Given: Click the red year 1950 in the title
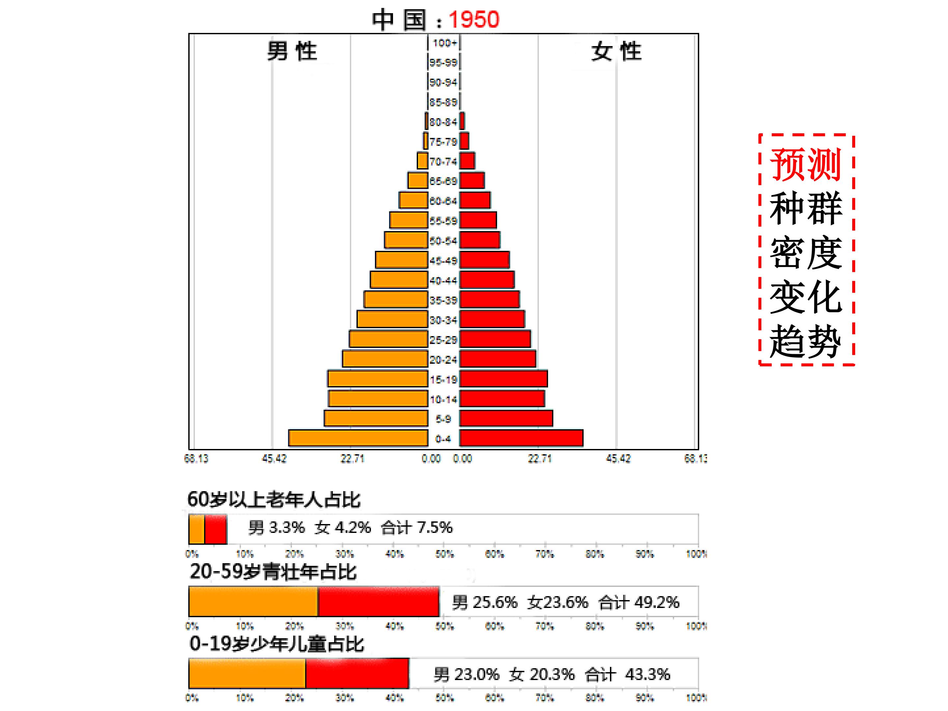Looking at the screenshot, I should tap(474, 20).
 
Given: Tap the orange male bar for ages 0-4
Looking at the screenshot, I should tap(358, 438).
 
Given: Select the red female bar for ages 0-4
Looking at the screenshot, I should tap(521, 438).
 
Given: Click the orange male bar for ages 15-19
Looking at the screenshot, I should tap(378, 379).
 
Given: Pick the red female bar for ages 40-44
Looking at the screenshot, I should tap(487, 280).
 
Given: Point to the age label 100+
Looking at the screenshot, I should tap(444, 43).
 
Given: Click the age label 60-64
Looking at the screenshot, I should tap(444, 201).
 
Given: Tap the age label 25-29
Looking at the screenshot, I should tap(444, 340).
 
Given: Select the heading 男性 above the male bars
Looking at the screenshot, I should tap(292, 51).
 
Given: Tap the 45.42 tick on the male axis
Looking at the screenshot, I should tap(274, 459).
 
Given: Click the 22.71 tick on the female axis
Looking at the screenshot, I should tap(539, 459).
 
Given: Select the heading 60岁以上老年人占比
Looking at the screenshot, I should tap(274, 500).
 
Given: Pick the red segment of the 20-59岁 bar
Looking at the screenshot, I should tap(379, 602).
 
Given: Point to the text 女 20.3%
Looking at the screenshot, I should tap(542, 674).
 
